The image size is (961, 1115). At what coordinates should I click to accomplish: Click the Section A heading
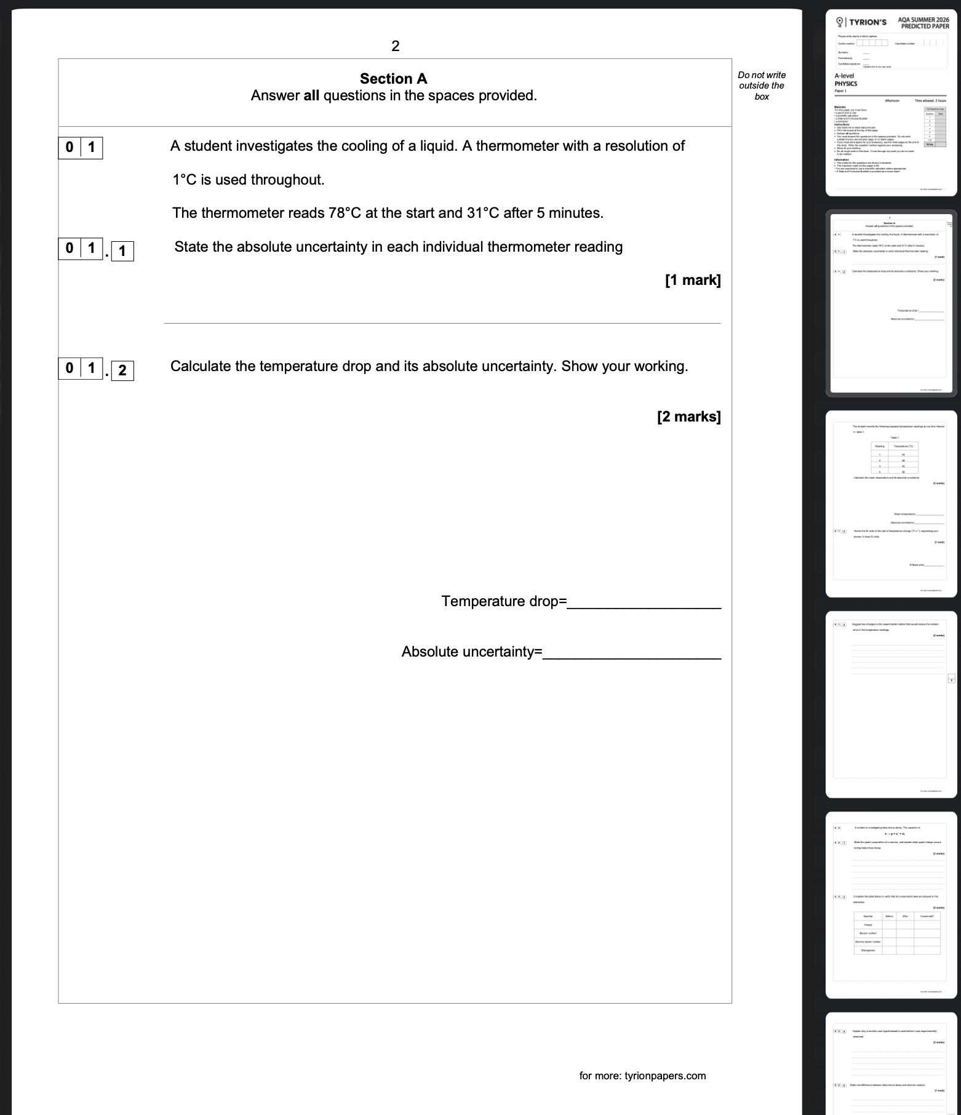[x=393, y=79]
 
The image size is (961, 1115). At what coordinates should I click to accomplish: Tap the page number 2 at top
[x=395, y=46]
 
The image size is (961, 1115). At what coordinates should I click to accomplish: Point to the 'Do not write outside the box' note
[x=762, y=86]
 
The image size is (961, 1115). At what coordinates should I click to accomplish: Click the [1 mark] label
[x=692, y=281]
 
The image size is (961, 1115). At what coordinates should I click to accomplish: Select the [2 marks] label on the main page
[x=688, y=417]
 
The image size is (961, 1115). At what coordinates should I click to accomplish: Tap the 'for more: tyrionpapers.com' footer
[x=642, y=1076]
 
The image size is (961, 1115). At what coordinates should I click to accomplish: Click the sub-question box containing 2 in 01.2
[x=122, y=370]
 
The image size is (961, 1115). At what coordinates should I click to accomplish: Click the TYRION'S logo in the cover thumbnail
[x=861, y=23]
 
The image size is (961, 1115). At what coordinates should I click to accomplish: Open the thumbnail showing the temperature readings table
[x=891, y=503]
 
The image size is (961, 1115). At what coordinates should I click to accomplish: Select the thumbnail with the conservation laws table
[x=891, y=905]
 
